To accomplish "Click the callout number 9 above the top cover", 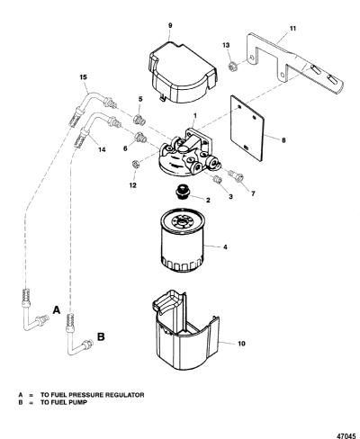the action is [x=170, y=25].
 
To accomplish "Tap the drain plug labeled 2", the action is [x=183, y=191].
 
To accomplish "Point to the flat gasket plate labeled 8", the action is [x=247, y=128].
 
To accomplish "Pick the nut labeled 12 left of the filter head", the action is [x=135, y=165].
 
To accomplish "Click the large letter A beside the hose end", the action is [x=57, y=310].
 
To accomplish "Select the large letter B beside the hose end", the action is [x=102, y=336].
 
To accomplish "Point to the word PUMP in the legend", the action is [x=77, y=402].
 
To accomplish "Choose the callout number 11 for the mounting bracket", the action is [x=292, y=29].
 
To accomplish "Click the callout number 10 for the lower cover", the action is [x=241, y=344].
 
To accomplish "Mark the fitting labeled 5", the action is [x=139, y=119].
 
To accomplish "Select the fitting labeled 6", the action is [x=140, y=138].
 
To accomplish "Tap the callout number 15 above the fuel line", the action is [x=84, y=77].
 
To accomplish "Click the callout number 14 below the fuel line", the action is [x=102, y=149].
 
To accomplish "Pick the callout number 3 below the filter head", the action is [x=230, y=196].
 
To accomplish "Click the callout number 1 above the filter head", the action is [x=194, y=115].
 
